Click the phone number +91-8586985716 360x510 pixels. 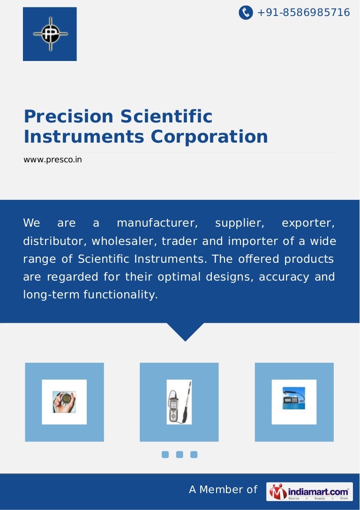(303, 13)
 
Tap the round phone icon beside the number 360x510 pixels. (246, 13)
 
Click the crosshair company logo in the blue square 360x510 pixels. (50, 34)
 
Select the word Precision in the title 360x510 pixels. (68, 116)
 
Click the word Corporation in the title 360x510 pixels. (209, 137)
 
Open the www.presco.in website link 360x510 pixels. (52, 160)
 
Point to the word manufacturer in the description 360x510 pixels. (157, 223)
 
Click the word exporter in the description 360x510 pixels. (308, 223)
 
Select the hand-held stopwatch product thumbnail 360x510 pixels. (64, 402)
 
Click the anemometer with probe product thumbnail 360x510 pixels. (179, 402)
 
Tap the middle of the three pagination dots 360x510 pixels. (179, 454)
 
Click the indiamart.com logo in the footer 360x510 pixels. (309, 492)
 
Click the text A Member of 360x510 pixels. (223, 490)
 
